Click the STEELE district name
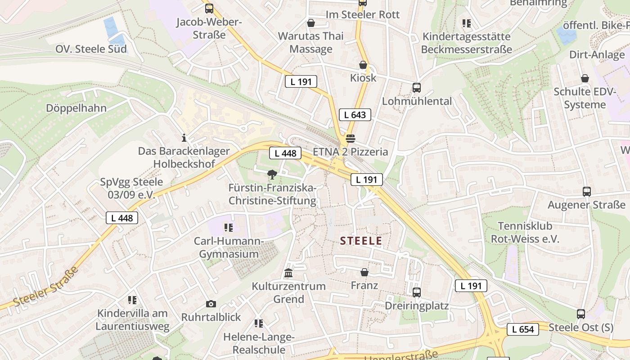(361, 241)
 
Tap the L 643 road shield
(355, 115)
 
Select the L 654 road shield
(523, 329)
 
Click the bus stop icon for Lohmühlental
(417, 88)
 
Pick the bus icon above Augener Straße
(586, 192)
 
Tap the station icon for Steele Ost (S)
(581, 314)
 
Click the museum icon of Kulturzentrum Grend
(288, 273)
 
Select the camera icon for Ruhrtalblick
(211, 304)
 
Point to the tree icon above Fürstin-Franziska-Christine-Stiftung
(272, 175)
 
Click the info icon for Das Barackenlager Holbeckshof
(184, 138)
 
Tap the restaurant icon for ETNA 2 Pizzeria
(351, 138)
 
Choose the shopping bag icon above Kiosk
(363, 65)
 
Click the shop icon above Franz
(364, 272)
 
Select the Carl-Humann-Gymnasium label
(229, 247)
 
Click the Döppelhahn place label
(76, 108)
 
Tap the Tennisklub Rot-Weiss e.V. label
(525, 232)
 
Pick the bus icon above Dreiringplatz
(417, 292)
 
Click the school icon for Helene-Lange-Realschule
(258, 324)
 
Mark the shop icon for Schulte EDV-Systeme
(585, 79)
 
